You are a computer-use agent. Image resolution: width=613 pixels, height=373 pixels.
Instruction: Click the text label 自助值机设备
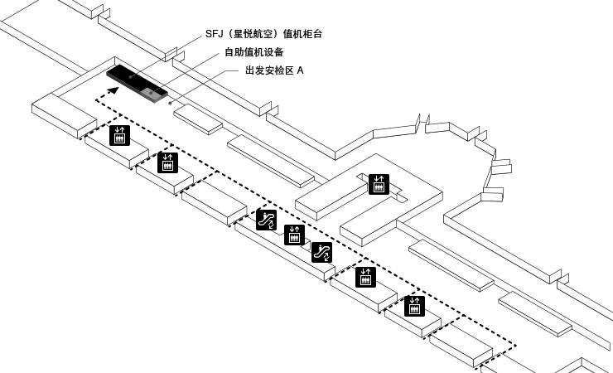(253, 52)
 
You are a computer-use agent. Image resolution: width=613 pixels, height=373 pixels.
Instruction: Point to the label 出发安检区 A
(274, 70)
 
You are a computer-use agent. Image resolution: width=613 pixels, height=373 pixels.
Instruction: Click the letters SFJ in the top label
(215, 34)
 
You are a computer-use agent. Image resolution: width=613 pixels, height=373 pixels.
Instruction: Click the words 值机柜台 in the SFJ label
(303, 34)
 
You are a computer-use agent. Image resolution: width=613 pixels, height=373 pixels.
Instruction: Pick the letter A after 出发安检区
(300, 70)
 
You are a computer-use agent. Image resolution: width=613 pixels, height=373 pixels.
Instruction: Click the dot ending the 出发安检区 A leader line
(170, 105)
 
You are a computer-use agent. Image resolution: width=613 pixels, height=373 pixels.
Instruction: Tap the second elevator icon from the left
(168, 162)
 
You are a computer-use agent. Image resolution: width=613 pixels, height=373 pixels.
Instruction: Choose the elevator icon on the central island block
(379, 184)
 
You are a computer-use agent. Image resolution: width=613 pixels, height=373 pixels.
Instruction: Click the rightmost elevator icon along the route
(414, 306)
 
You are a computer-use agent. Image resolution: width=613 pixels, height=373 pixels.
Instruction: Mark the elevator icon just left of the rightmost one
(364, 277)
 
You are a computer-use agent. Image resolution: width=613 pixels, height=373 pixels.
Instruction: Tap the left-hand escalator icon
(266, 219)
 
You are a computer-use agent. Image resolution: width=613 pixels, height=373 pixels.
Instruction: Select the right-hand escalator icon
(321, 251)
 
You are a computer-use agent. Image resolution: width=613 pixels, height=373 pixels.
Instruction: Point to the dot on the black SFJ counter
(130, 77)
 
